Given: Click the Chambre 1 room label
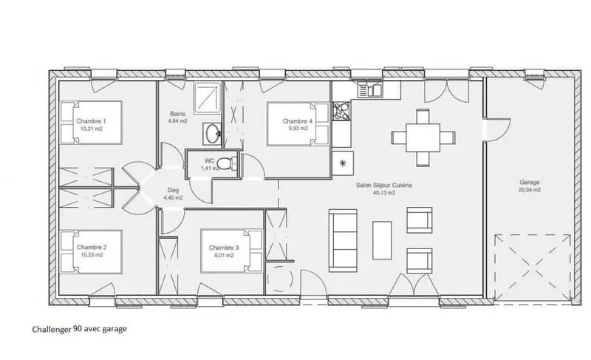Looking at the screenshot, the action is tap(91, 121).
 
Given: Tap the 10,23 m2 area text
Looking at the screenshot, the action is tap(92, 255).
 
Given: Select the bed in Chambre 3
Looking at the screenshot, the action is tap(231, 251).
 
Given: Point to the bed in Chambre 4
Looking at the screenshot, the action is tap(298, 124).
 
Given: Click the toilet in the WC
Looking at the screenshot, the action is tap(228, 163).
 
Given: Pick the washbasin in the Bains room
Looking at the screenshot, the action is tap(213, 134).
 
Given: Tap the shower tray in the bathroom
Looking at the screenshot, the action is tap(207, 98).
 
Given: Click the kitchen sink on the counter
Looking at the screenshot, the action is tap(370, 90).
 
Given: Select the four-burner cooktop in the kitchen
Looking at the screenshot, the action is tap(341, 111).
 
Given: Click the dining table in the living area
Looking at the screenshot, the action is tap(423, 137).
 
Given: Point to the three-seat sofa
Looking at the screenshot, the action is tap(343, 240).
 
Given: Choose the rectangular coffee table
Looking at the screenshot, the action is tap(382, 240).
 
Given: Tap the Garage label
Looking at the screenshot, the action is tap(530, 183).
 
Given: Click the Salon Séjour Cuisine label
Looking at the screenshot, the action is tap(383, 186).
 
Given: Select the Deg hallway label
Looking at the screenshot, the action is tap(173, 191).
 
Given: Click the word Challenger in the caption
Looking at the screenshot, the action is tap(52, 330).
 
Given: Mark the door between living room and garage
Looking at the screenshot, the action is tap(496, 130).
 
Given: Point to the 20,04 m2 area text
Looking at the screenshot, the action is tap(530, 190).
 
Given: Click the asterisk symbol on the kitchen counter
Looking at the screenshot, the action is tap(343, 163).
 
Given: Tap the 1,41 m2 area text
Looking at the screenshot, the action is tap(210, 169).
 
